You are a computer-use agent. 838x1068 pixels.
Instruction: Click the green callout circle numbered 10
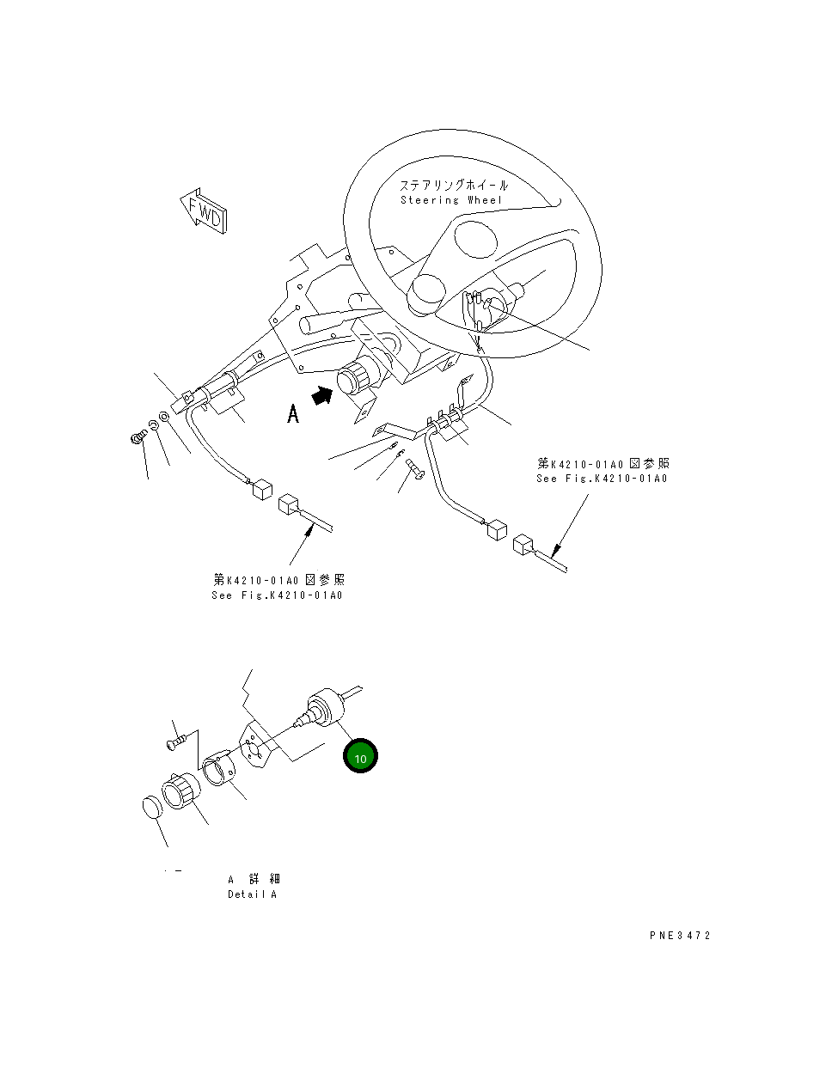[360, 757]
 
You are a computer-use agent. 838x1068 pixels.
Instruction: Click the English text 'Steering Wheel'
[451, 200]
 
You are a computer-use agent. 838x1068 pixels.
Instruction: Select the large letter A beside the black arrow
[293, 415]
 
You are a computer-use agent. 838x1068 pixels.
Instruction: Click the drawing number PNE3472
[680, 936]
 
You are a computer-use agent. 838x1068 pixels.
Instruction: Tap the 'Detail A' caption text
[252, 894]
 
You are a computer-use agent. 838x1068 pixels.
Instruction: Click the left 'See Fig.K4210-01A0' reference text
[277, 595]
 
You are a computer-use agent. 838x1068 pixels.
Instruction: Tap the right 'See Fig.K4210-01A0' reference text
[602, 479]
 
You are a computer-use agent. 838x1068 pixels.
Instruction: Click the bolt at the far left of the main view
[136, 439]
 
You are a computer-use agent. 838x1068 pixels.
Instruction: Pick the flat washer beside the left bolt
[165, 418]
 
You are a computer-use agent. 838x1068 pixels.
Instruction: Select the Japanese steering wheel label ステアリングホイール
[453, 185]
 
